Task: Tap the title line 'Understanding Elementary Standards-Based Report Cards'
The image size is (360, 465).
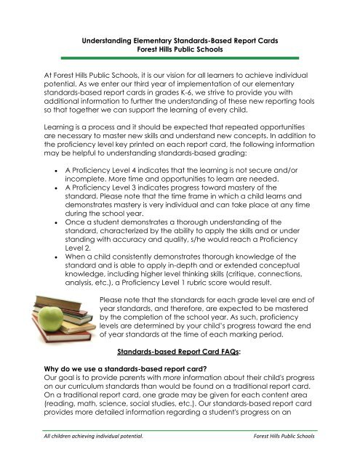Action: (180, 44)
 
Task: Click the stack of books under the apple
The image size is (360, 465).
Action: (55, 305)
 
